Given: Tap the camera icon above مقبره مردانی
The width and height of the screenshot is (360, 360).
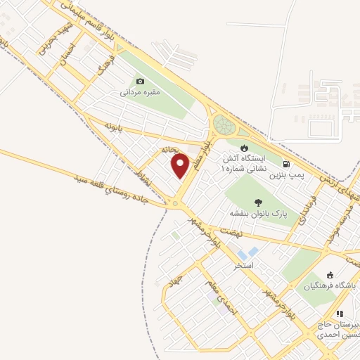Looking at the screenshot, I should [x=140, y=81].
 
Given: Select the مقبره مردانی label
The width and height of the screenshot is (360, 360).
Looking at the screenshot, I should [x=140, y=91].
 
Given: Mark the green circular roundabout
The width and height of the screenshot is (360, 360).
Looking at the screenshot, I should [x=224, y=125].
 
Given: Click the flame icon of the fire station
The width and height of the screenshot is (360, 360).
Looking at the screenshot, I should [x=243, y=148].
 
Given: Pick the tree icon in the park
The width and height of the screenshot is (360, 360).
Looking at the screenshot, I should [x=252, y=200].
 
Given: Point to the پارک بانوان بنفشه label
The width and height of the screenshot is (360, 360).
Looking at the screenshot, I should [x=252, y=211].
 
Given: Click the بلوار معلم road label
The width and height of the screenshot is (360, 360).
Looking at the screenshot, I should [x=198, y=150].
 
